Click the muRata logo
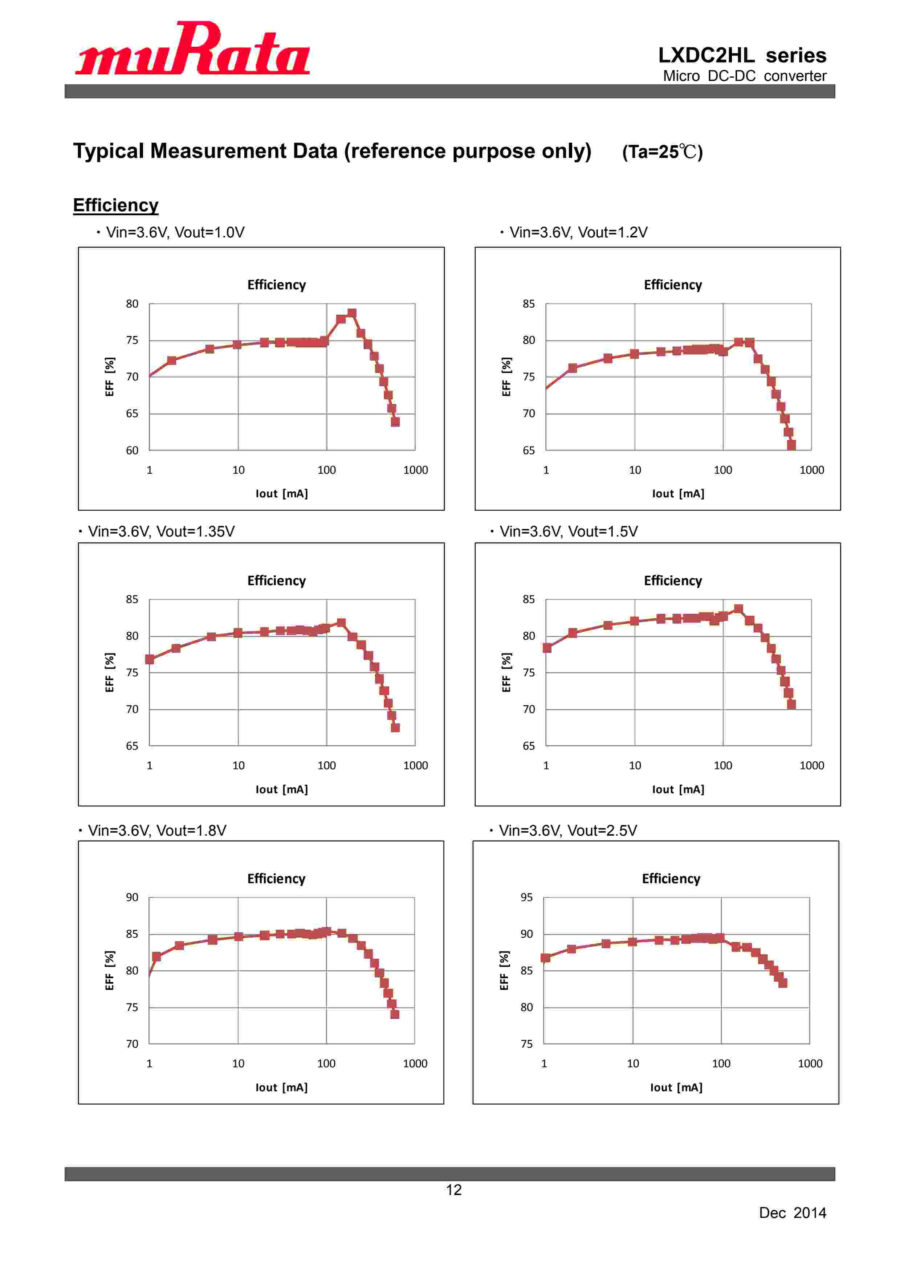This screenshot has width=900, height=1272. click(192, 49)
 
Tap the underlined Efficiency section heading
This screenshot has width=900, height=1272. click(115, 205)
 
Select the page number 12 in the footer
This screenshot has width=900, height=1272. click(453, 1190)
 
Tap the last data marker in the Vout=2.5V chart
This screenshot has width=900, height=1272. click(782, 983)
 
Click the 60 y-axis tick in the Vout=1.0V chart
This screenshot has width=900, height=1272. click(132, 450)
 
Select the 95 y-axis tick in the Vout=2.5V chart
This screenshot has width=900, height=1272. click(526, 897)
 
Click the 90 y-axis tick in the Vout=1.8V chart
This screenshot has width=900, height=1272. click(132, 897)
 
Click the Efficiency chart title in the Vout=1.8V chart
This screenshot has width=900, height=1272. click(276, 878)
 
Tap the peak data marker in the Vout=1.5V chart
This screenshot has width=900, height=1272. click(738, 609)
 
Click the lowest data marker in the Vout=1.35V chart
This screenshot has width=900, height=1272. click(395, 727)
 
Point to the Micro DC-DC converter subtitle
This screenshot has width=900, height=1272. click(744, 76)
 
